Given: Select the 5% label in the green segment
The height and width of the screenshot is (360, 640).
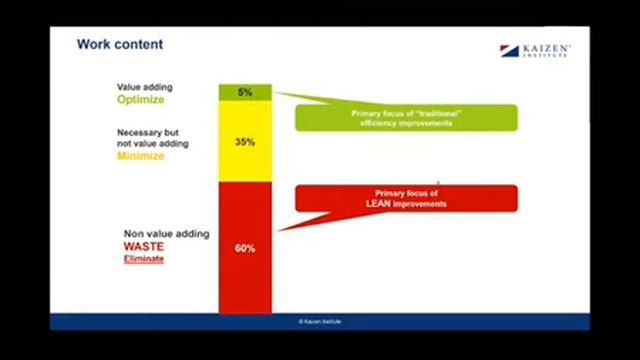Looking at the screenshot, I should coord(245,92).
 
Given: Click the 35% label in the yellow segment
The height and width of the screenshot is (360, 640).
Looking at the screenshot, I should coord(245,142).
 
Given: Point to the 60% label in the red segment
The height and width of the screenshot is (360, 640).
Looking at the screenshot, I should coord(245,247).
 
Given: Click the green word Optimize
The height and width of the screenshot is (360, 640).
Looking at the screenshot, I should coord(140,100).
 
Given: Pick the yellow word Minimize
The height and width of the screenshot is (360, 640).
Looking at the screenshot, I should coord(141,157).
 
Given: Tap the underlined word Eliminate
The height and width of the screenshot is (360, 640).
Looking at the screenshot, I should coord(143,259).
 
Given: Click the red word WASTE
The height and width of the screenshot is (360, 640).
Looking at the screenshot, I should coord(144,246).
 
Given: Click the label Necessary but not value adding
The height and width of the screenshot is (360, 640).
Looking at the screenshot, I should coord(152,137).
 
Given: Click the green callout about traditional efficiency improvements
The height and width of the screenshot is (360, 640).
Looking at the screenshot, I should coord(405,117).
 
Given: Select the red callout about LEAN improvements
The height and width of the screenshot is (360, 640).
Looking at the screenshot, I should coord(405,197).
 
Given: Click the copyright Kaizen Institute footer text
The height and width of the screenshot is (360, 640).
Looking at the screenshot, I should coord(319,322).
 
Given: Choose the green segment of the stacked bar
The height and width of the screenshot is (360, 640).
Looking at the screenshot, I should coord(245,93).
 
